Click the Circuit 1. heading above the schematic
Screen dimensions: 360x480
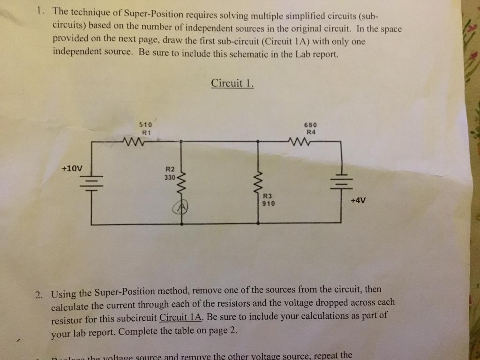click(232, 83)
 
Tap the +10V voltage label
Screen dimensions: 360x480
click(71, 168)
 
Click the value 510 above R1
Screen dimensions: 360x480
click(145, 125)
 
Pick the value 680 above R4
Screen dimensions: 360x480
click(310, 125)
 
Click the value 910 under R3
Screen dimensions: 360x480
click(269, 204)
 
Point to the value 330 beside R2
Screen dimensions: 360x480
click(169, 178)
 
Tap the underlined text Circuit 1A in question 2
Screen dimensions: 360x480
click(180, 317)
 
